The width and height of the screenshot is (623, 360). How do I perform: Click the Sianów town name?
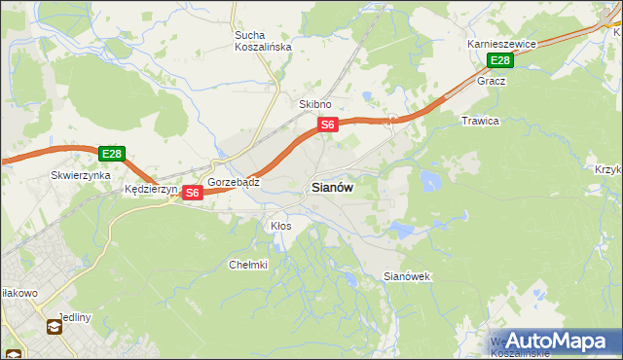(x=332, y=188)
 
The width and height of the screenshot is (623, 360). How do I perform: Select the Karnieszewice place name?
(x=501, y=45)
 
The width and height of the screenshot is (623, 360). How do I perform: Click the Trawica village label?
(x=480, y=121)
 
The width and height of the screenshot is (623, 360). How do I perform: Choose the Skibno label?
(x=314, y=104)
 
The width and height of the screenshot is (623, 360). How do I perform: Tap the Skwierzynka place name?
(x=79, y=176)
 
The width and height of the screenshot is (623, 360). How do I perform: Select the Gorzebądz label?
(x=233, y=182)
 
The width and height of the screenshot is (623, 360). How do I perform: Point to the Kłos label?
(x=280, y=226)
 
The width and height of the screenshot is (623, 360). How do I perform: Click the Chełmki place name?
(x=247, y=265)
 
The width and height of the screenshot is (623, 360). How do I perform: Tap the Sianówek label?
(x=407, y=277)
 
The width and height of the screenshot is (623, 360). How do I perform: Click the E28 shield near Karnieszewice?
(x=499, y=61)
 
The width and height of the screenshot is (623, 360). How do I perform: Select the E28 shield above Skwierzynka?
(x=111, y=154)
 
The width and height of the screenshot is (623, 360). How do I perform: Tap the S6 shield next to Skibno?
(x=327, y=125)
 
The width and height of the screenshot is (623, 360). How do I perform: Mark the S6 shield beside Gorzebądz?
(x=192, y=193)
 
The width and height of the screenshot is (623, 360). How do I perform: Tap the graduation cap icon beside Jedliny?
(x=55, y=327)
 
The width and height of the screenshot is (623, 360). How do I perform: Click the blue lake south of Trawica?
(x=429, y=180)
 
